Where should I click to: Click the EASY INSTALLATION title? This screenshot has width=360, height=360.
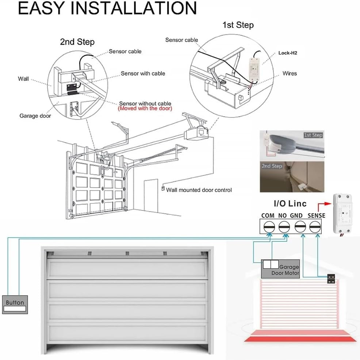[x=107, y=9]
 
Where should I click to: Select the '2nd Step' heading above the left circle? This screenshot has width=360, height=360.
[x=77, y=42]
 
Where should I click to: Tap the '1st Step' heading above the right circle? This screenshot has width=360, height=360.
[x=238, y=25]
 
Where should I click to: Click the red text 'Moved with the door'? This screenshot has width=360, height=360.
[x=145, y=109]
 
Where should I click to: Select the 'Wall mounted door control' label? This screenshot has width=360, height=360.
[x=199, y=190]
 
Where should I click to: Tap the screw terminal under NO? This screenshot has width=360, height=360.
[x=284, y=227]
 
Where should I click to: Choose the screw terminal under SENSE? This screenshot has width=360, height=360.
[x=315, y=227]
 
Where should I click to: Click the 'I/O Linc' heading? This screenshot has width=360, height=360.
[x=290, y=203]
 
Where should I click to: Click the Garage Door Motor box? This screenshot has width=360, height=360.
[x=280, y=269]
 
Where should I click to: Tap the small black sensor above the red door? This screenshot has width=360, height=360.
[x=331, y=279]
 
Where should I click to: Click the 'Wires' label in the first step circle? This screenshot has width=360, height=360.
[x=290, y=73]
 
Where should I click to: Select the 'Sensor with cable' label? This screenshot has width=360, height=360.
[x=143, y=73]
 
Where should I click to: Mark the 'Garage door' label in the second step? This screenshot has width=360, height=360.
[x=35, y=116]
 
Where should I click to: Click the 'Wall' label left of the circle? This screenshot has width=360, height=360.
[x=23, y=78]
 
